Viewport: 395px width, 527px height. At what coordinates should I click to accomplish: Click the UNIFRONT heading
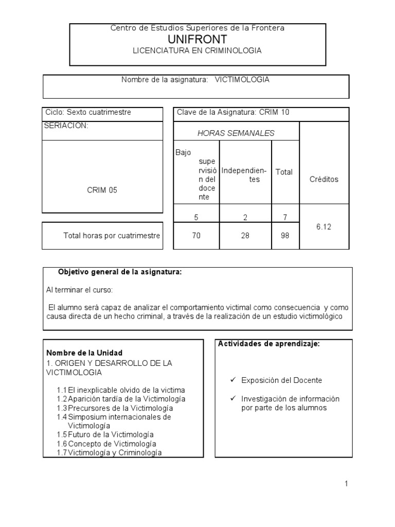click(x=197, y=40)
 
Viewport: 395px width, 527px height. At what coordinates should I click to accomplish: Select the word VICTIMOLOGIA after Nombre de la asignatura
click(x=242, y=80)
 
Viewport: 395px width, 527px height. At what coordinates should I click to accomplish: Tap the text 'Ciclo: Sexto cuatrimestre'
click(x=88, y=112)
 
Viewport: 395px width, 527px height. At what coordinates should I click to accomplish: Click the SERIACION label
click(x=67, y=125)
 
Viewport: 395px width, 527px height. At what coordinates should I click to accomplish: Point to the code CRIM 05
click(x=102, y=190)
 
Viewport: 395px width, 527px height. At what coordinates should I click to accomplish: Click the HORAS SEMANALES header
click(x=236, y=133)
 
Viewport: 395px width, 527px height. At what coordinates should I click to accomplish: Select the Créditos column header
click(x=324, y=179)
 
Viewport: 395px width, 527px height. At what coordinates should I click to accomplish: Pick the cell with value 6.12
click(x=324, y=226)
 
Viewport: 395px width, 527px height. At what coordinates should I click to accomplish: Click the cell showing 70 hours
click(x=196, y=236)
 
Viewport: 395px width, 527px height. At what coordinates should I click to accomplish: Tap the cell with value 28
click(x=245, y=236)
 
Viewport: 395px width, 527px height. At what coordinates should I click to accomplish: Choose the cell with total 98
click(x=285, y=236)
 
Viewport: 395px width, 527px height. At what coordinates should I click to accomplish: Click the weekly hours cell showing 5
click(x=196, y=218)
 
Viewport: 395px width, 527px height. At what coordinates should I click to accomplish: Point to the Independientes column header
click(x=244, y=175)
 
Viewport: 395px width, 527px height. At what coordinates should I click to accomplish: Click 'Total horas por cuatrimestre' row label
click(x=112, y=236)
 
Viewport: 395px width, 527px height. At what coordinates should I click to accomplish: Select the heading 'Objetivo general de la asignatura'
click(x=119, y=272)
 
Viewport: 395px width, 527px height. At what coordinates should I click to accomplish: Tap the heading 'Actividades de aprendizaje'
click(x=270, y=344)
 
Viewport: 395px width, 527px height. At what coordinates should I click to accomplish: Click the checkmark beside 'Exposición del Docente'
click(x=233, y=380)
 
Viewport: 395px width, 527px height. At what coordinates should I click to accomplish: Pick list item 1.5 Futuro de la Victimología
click(x=105, y=434)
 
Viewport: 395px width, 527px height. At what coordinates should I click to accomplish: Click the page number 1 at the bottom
click(x=347, y=483)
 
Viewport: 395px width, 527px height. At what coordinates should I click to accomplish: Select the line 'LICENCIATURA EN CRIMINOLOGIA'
click(x=197, y=50)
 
